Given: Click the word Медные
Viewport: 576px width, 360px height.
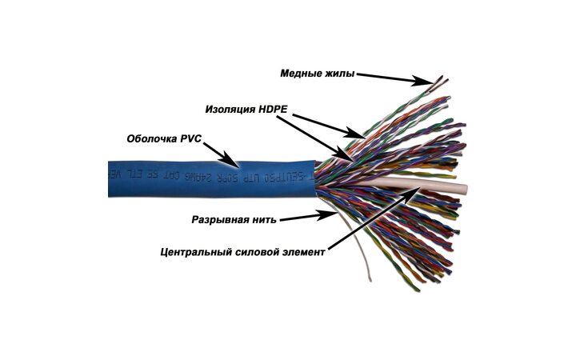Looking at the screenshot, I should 299,74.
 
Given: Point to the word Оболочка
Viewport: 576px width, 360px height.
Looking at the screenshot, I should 152,138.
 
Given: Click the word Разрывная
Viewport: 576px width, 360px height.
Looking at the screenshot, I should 222,218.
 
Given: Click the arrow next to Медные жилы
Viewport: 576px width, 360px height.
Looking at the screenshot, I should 393,78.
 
